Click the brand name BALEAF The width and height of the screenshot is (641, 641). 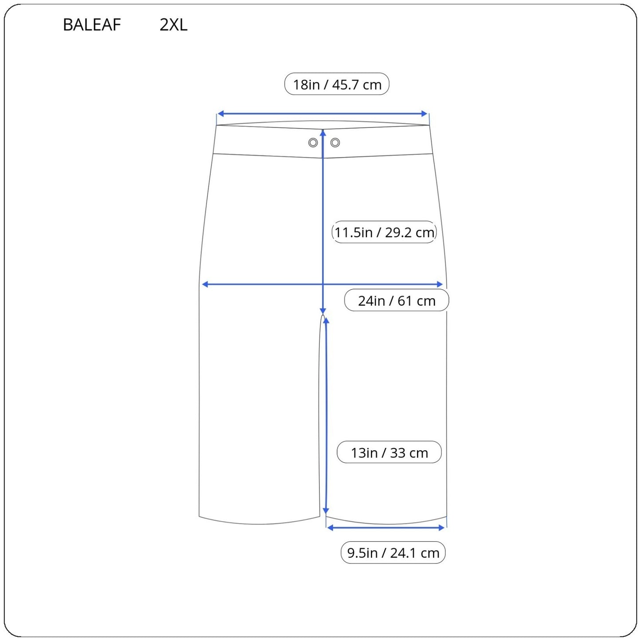click(92, 24)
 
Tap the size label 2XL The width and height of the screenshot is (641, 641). click(173, 24)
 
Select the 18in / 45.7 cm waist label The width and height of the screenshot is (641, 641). click(337, 84)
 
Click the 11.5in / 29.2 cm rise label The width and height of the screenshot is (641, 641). click(384, 232)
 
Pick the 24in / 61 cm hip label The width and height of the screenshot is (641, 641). click(397, 300)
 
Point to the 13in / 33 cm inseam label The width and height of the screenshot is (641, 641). click(389, 452)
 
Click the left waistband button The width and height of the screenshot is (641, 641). click(313, 143)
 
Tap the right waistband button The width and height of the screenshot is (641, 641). click(335, 143)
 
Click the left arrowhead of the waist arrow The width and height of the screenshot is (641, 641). click(220, 114)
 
